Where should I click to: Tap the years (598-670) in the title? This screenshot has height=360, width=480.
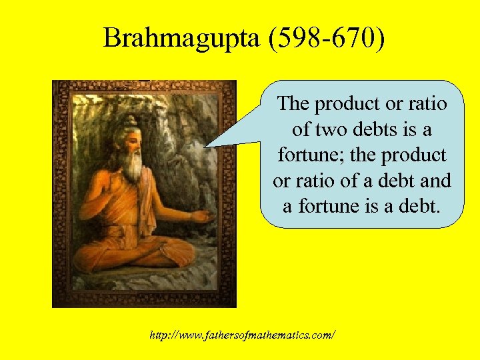click(x=325, y=39)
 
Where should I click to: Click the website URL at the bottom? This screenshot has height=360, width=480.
click(x=243, y=334)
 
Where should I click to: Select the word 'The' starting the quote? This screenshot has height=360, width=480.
click(x=293, y=104)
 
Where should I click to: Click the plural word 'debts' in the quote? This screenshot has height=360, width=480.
click(x=369, y=129)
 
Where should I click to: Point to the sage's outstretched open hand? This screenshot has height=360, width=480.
click(x=203, y=217)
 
